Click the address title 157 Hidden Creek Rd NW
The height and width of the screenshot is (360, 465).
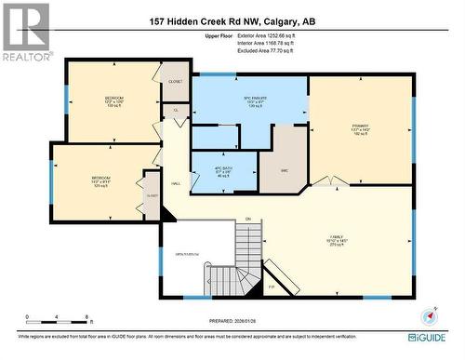coord(232,20)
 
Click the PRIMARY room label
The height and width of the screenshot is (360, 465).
coord(358,126)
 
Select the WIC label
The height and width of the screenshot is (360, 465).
coord(282,169)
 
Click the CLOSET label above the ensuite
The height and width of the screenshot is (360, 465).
coord(176,81)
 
